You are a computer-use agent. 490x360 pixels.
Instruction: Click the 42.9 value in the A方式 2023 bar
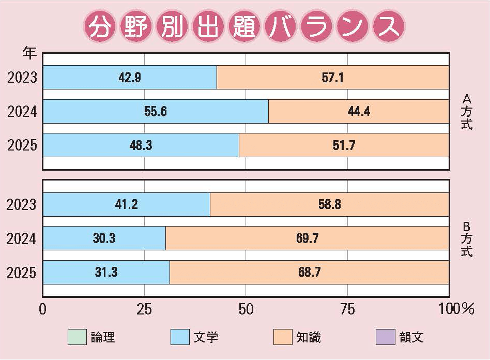130,78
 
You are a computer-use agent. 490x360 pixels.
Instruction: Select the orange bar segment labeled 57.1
333,78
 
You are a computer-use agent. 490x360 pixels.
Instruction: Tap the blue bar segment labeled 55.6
156,111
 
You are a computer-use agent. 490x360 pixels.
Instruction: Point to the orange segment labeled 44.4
359,111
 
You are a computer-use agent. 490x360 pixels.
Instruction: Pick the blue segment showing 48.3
141,145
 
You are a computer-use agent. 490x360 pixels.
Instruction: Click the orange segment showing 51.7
344,145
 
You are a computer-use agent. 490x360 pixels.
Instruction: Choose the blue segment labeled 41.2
126,205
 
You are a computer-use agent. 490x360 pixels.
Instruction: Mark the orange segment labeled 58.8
329,205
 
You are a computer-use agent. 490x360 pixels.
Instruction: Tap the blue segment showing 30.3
104,238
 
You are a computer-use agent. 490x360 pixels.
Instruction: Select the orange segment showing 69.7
307,238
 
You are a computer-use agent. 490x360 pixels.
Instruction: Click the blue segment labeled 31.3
106,272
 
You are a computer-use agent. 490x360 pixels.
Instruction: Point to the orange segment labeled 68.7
309,272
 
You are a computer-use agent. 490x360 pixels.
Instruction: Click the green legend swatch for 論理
77,337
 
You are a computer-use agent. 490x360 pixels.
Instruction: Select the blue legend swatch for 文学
179,337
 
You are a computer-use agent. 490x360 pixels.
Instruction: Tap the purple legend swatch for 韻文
385,337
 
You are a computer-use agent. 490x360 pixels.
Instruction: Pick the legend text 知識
309,338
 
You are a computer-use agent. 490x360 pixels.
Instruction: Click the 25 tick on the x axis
144,310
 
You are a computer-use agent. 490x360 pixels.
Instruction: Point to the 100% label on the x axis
456,310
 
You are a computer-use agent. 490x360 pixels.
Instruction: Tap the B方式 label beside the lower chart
466,239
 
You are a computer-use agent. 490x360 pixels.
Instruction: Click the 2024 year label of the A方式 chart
22,112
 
